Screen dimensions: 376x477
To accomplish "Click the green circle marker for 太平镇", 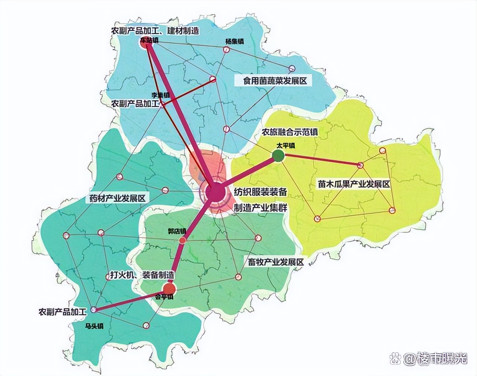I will point(278,156).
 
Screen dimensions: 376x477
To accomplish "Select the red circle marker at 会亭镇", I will point(170,288).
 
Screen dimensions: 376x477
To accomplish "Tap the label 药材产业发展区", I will point(117,198).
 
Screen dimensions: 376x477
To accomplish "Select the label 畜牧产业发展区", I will point(276,261).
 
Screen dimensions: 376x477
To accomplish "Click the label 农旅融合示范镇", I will point(289,132).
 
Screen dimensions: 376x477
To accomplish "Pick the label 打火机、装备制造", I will point(142,275).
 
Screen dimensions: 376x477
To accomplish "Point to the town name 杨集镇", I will point(234,41).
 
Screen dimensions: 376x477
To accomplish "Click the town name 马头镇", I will point(94,326).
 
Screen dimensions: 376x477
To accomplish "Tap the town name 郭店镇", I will point(177,231).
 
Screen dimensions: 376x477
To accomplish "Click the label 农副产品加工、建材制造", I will point(155,31).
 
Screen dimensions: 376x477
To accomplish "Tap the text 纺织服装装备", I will point(260,192).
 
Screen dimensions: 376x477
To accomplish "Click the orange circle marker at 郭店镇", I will point(182,241).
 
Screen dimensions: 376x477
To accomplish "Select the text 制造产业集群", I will point(260,207).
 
